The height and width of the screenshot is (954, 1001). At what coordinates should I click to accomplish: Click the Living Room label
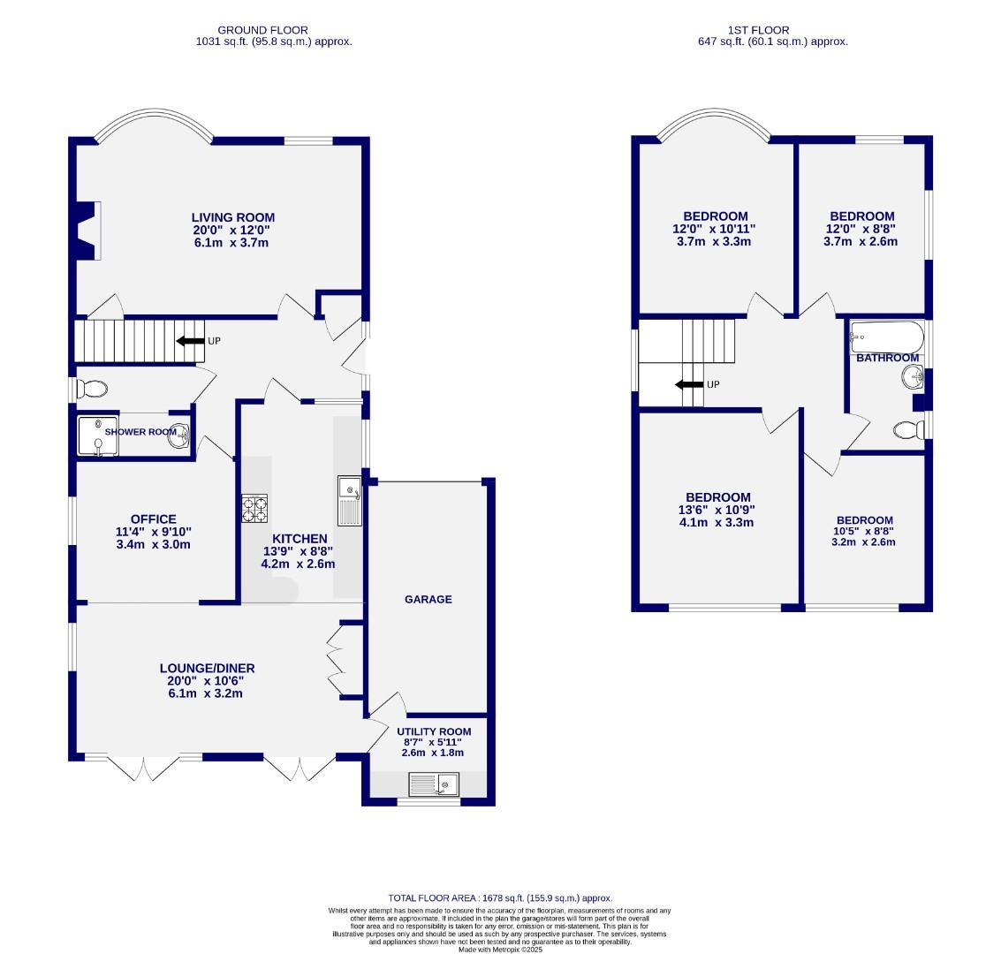click(233, 217)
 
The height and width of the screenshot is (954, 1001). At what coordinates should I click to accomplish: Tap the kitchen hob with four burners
click(254, 508)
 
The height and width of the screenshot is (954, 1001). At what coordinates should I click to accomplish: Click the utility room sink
click(435, 784)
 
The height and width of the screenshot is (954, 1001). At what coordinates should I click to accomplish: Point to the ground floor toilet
click(92, 389)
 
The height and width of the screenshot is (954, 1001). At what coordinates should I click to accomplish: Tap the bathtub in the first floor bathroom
click(886, 337)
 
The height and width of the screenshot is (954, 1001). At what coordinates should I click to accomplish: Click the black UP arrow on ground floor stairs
click(189, 341)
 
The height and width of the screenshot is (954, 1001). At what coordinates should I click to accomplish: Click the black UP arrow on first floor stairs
click(687, 385)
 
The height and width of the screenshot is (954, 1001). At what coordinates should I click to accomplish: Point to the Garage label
click(428, 599)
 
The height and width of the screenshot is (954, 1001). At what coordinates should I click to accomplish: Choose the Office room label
click(154, 519)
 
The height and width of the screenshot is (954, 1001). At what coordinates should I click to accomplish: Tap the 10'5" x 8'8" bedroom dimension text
click(865, 532)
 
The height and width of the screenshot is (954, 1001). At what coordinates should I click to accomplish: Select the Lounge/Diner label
click(201, 669)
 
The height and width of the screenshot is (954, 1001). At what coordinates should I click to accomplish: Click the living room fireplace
click(86, 231)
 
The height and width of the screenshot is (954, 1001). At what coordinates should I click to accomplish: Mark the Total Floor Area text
click(500, 897)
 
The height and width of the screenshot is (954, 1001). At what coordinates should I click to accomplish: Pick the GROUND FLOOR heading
click(263, 30)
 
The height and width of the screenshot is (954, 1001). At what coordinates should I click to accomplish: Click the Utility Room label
click(433, 731)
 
